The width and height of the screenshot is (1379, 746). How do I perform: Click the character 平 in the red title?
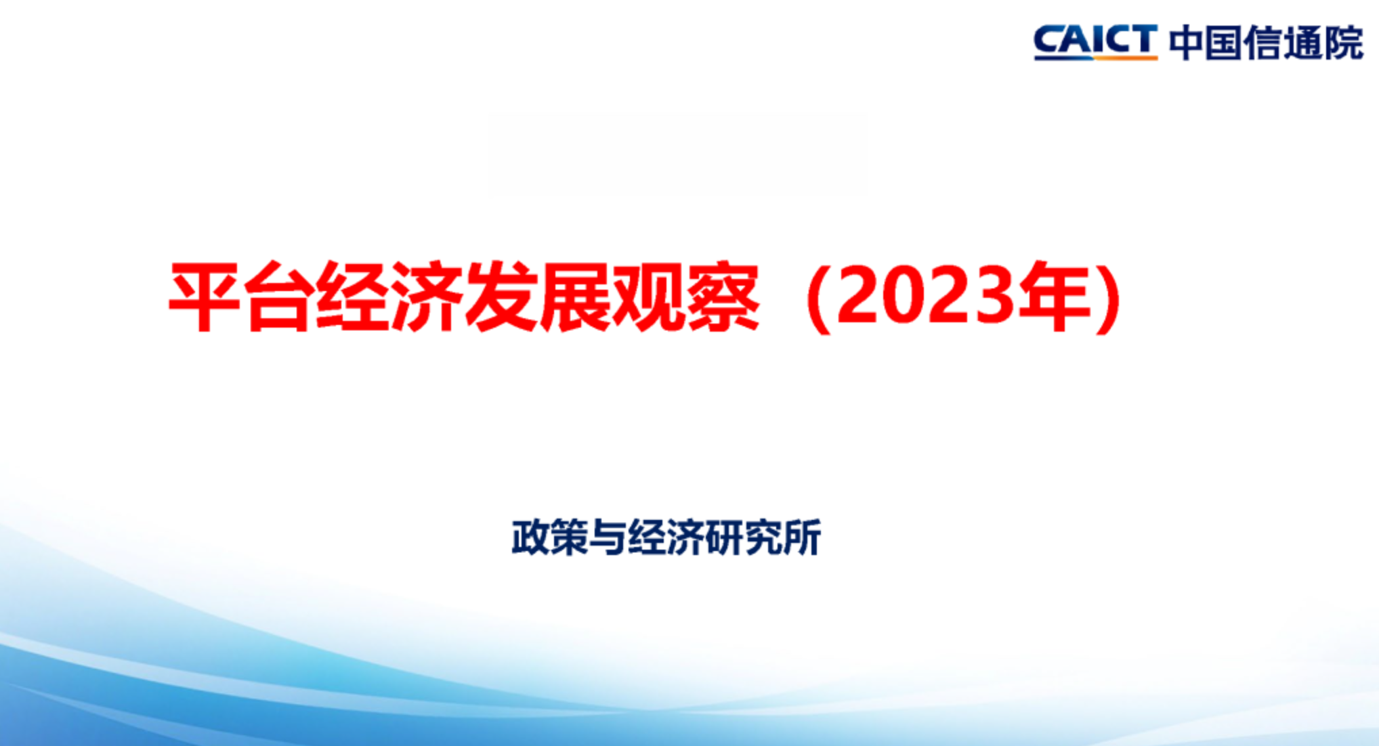pyautogui.click(x=205, y=297)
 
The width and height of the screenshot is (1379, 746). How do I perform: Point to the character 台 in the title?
pyautogui.click(x=279, y=297)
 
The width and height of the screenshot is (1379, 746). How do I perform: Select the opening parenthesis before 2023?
pyautogui.click(x=817, y=297)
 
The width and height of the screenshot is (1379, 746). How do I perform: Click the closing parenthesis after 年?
pyautogui.click(x=1109, y=297)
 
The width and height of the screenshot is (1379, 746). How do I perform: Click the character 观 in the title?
pyautogui.click(x=649, y=297)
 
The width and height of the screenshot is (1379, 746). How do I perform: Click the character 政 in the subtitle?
pyautogui.click(x=530, y=538)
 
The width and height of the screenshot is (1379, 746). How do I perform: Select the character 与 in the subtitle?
pyautogui.click(x=608, y=538)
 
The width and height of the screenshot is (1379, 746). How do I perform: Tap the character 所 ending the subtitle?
pyautogui.click(x=802, y=538)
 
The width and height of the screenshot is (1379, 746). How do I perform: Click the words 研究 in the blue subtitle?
pyautogui.click(x=744, y=538)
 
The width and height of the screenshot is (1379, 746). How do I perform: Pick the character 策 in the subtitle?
pyautogui.click(x=569, y=538)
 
